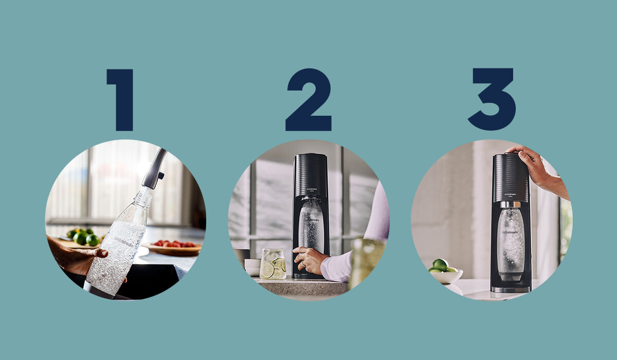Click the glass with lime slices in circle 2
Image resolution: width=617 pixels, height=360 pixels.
(273, 263)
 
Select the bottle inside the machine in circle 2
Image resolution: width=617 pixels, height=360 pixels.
(311, 226)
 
